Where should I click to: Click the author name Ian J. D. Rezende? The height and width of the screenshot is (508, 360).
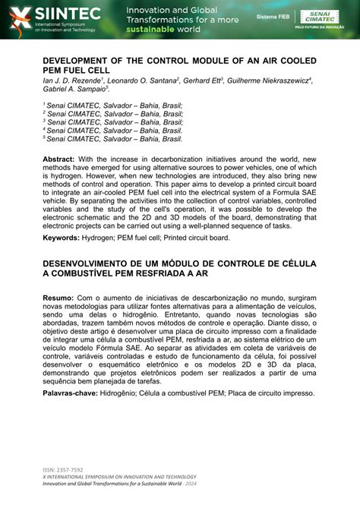pos(73,80)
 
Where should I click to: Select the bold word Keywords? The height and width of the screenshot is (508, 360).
pos(64,238)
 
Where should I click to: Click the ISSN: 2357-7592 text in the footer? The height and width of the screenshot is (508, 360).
pos(65,470)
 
